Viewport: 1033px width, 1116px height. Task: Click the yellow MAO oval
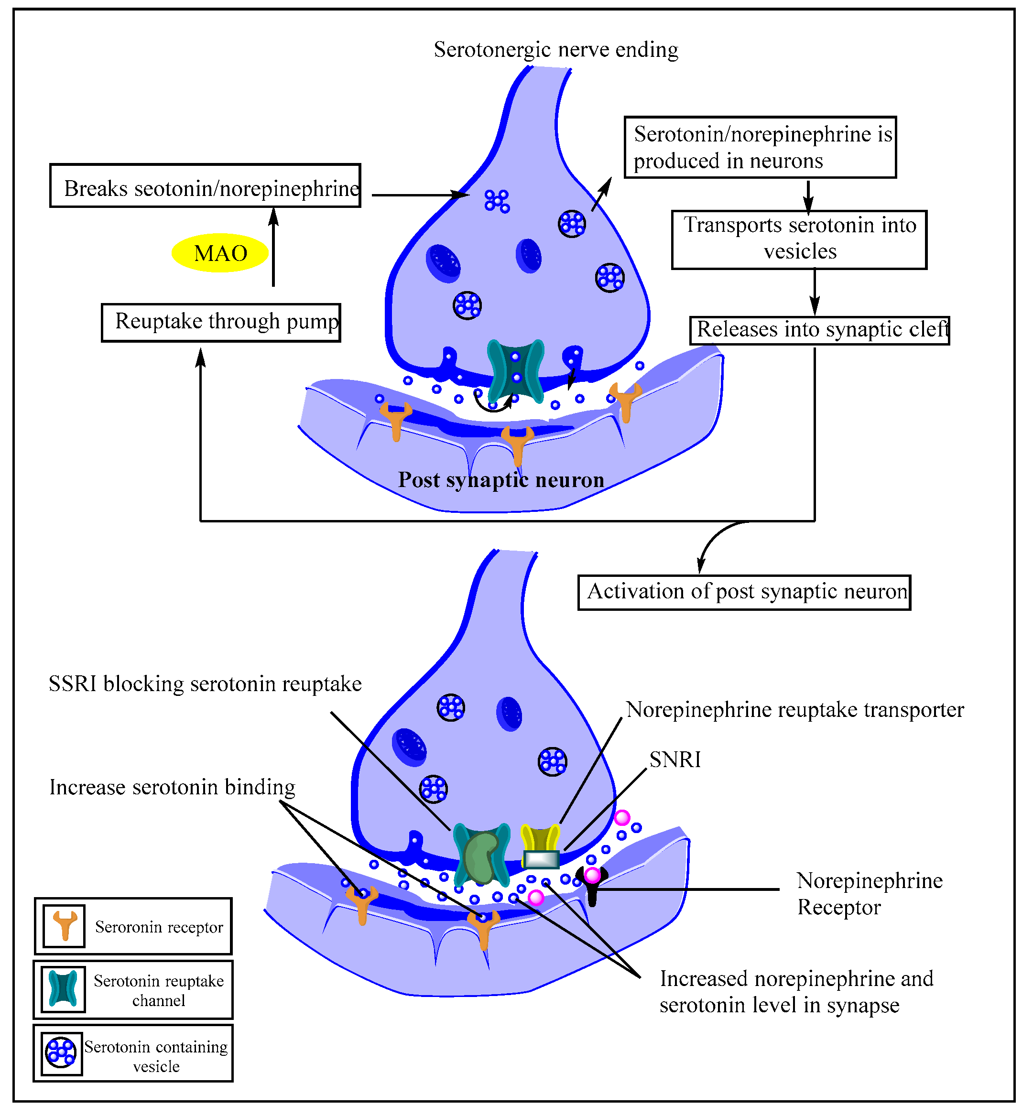pyautogui.click(x=220, y=253)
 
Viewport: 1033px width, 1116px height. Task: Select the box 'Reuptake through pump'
pyautogui.click(x=221, y=323)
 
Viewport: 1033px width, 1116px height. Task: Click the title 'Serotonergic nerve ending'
pyautogui.click(x=556, y=50)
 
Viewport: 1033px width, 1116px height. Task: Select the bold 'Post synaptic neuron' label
pyautogui.click(x=501, y=480)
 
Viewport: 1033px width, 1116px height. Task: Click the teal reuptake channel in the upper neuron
pyautogui.click(x=515, y=370)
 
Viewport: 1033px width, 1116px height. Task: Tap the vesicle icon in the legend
pyautogui.click(x=61, y=1053)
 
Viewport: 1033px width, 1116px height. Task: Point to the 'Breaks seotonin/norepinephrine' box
pyautogui.click(x=205, y=186)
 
